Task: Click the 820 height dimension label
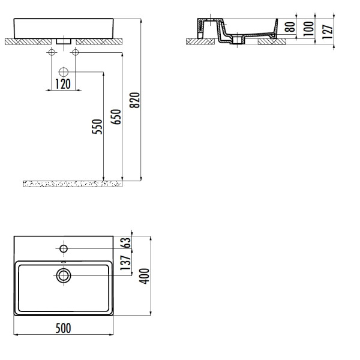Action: [x=135, y=100]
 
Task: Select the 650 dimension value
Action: [x=116, y=117]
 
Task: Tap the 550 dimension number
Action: [x=97, y=127]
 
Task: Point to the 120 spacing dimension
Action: [x=63, y=84]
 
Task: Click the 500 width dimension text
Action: [x=64, y=328]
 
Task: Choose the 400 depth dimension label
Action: [x=145, y=276]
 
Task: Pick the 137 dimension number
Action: [x=125, y=263]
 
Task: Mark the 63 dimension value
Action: [x=125, y=242]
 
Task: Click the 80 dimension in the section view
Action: [x=290, y=27]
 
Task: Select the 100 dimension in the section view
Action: [x=308, y=29]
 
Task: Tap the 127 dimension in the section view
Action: [x=328, y=32]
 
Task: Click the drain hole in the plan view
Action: [x=64, y=275]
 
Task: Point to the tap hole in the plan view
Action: [x=64, y=248]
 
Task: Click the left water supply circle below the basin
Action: [x=52, y=52]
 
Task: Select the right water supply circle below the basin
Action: [x=76, y=52]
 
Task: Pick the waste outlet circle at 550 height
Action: [x=64, y=72]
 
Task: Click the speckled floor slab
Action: [x=73, y=184]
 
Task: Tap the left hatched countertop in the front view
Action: [x=28, y=41]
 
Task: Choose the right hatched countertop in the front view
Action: [x=99, y=41]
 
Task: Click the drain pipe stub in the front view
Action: [x=64, y=41]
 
